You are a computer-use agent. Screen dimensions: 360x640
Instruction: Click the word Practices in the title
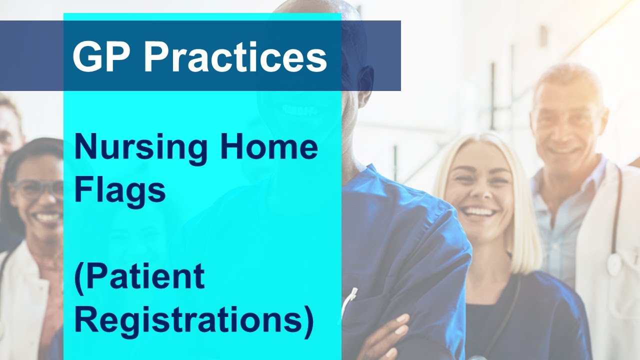coord(235,56)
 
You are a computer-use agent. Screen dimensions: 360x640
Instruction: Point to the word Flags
coord(119,190)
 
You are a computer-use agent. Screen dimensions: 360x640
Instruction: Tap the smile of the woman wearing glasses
coord(47,217)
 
